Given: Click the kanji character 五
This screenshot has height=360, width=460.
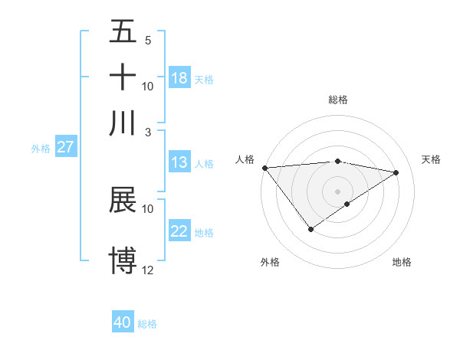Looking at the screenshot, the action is [123, 32].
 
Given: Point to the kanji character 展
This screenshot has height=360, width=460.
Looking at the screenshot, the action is [123, 201].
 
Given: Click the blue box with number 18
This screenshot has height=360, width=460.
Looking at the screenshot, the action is [179, 78].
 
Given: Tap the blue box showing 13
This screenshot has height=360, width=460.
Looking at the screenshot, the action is [179, 162].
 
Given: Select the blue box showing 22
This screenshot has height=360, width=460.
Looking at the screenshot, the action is [179, 231].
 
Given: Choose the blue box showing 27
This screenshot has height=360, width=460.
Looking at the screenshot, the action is [65, 147].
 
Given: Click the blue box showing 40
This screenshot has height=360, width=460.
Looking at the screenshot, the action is [123, 322].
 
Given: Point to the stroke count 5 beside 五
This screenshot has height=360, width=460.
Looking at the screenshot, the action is [148, 40].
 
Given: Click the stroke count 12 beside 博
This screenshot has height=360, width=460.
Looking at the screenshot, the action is [148, 270].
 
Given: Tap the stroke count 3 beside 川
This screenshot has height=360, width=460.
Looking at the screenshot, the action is [148, 131].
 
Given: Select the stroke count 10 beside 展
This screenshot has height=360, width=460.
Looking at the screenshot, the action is [148, 208].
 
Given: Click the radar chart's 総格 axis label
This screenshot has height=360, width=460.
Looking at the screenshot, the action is [337, 100].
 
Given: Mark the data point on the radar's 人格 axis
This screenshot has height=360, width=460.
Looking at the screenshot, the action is [264, 168].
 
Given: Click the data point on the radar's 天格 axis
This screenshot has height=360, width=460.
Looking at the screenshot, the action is [396, 172].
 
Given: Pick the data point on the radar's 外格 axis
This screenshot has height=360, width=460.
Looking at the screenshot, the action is [310, 229].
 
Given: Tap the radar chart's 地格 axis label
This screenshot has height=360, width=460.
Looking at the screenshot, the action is [402, 263].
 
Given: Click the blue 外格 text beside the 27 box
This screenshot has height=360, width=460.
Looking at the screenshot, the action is [40, 149].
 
